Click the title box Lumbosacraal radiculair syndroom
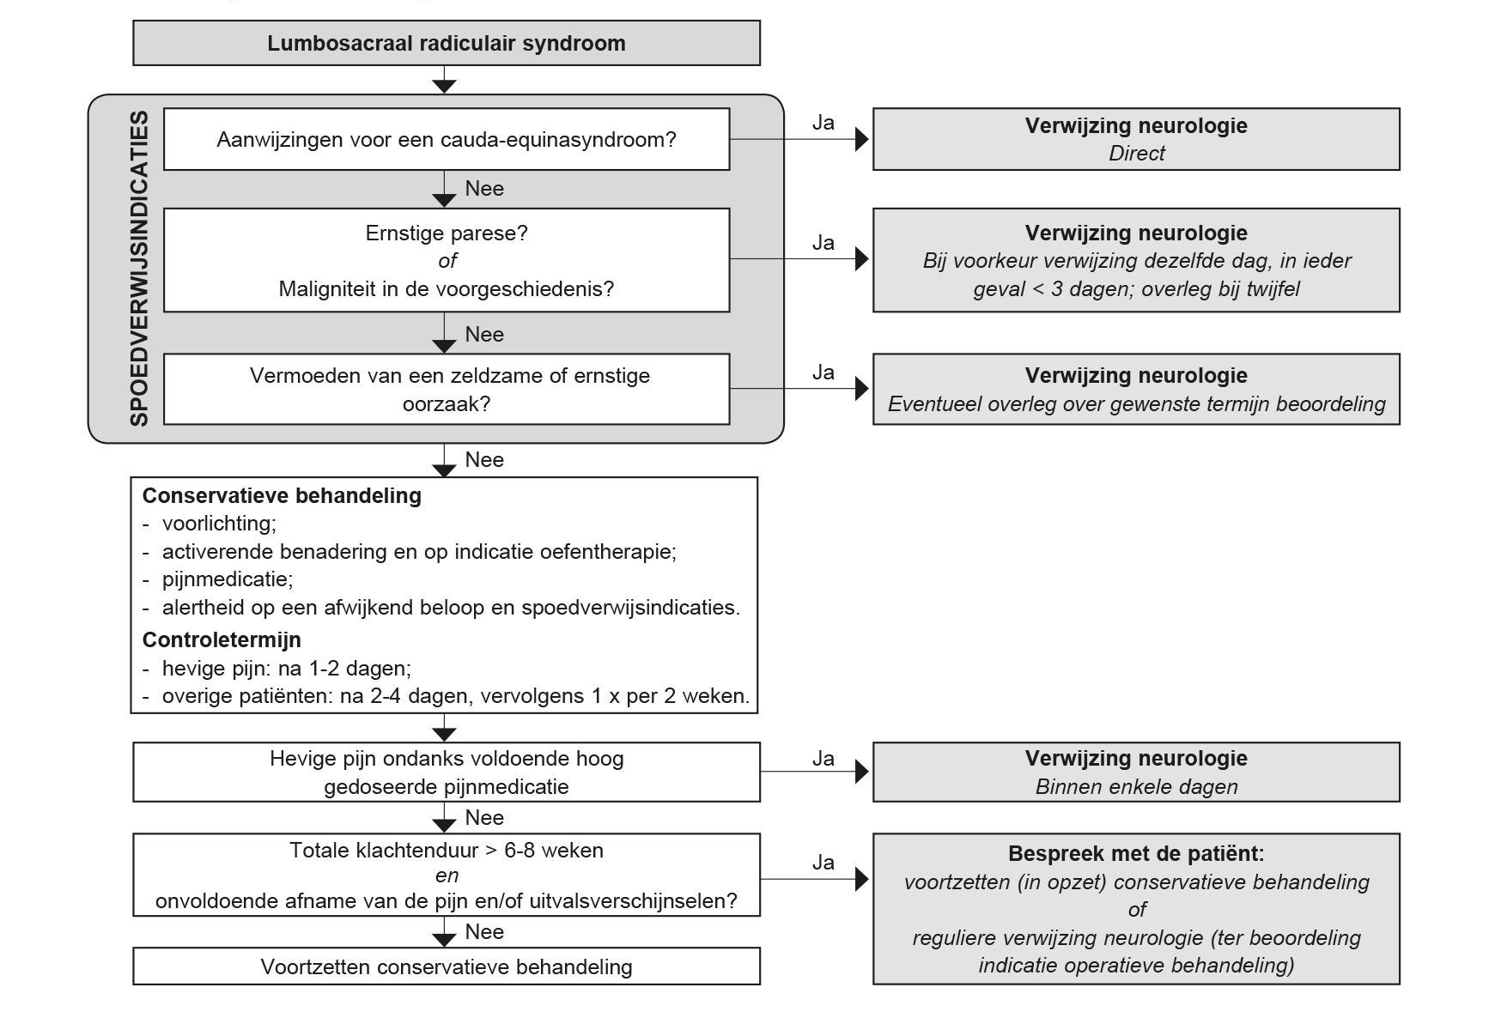pyautogui.click(x=447, y=43)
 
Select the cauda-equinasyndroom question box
pyautogui.click(x=447, y=139)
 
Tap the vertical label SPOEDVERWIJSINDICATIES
pyautogui.click(x=139, y=268)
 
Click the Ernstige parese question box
pyautogui.click(x=447, y=260)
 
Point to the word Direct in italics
pyautogui.click(x=1136, y=154)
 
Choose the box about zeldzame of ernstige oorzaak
pyautogui.click(x=447, y=389)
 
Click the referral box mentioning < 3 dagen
pyautogui.click(x=1136, y=260)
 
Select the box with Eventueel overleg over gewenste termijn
pyautogui.click(x=1136, y=389)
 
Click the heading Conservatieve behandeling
pyautogui.click(x=282, y=496)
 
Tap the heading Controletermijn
pyautogui.click(x=222, y=640)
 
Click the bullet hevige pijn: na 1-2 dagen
pyautogui.click(x=276, y=669)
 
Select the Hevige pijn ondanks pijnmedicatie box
pyautogui.click(x=447, y=772)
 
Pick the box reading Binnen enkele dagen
pyautogui.click(x=1136, y=772)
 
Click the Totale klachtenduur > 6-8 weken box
pyautogui.click(x=447, y=875)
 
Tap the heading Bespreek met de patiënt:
pyautogui.click(x=1136, y=854)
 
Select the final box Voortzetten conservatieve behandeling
pyautogui.click(x=447, y=966)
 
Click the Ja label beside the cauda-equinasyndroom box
pyautogui.click(x=823, y=123)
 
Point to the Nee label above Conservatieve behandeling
pyautogui.click(x=484, y=460)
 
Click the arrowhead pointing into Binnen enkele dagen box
pyautogui.click(x=862, y=772)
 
